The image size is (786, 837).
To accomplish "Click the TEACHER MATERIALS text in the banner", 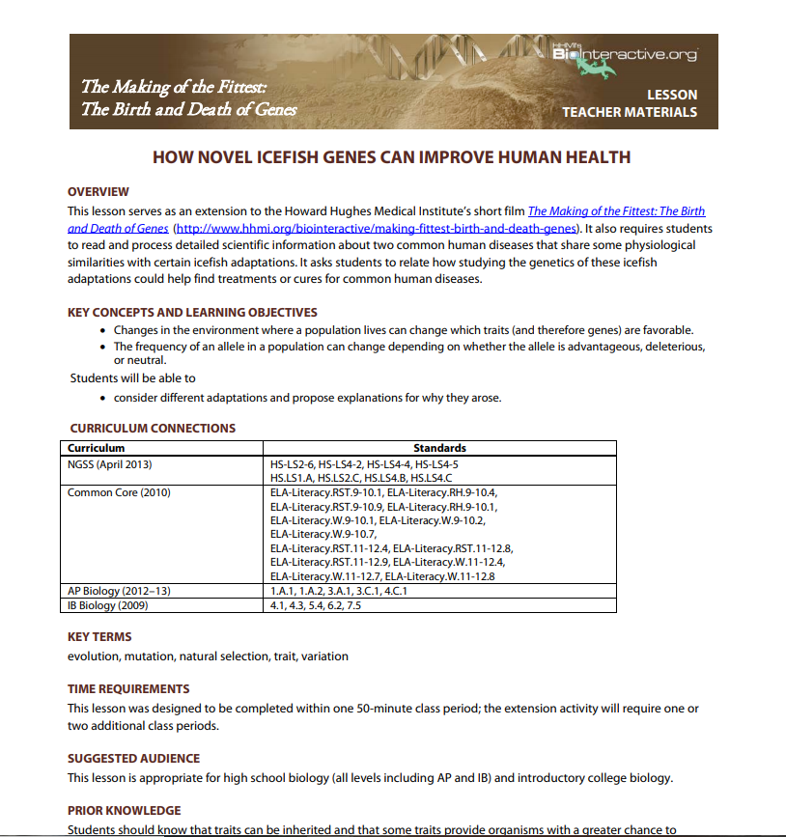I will click(x=629, y=112).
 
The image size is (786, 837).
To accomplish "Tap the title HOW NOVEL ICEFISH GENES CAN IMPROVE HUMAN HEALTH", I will click(x=392, y=156).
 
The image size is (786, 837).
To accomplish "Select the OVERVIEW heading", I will click(x=98, y=192).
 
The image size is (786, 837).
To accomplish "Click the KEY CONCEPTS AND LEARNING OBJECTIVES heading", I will click(x=192, y=313).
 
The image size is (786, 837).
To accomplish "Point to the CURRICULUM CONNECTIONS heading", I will click(x=153, y=428).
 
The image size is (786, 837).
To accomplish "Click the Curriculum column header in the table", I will click(x=97, y=448).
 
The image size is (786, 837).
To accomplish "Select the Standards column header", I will click(x=439, y=448).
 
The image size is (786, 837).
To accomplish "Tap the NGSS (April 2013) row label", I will click(x=110, y=464).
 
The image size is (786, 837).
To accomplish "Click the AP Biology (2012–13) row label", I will click(x=119, y=591).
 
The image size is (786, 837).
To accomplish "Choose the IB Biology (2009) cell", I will click(x=108, y=605).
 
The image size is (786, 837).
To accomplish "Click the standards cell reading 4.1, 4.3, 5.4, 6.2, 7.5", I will click(x=316, y=605).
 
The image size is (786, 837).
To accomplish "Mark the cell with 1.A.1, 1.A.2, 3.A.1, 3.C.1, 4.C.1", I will click(x=338, y=591).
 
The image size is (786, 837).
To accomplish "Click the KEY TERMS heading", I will click(x=99, y=637).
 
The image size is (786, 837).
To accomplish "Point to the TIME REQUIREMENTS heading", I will click(x=128, y=689).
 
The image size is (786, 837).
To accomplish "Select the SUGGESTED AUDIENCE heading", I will click(x=133, y=759).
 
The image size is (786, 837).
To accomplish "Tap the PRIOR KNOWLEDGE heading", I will click(x=124, y=810).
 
